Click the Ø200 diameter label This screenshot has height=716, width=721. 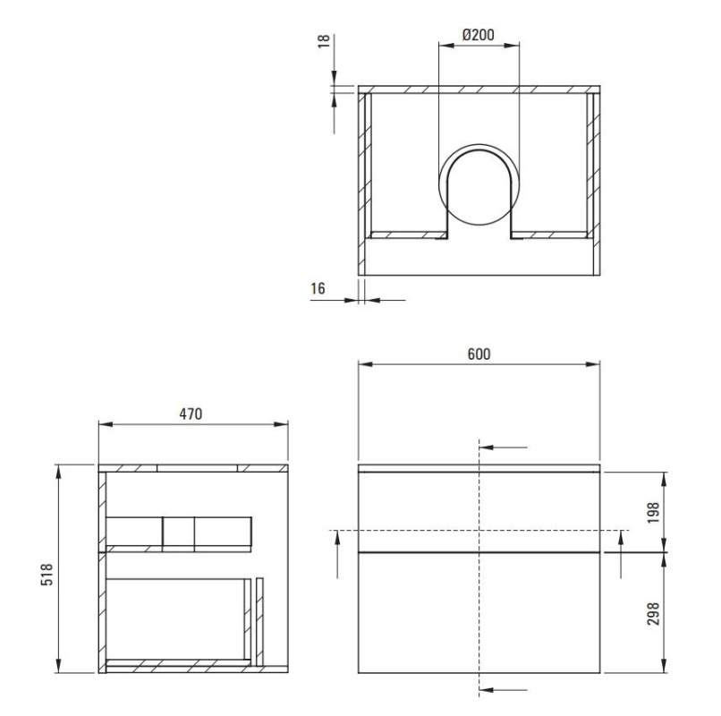[479, 35]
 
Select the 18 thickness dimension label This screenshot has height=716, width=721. [324, 40]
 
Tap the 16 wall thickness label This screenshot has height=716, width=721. [318, 288]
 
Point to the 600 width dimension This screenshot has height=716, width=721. [479, 354]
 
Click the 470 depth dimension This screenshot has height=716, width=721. [191, 414]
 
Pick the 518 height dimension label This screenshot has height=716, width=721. [47, 574]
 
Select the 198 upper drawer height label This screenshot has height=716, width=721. [653, 512]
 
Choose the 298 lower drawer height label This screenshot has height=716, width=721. [653, 613]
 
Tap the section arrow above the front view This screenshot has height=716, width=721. [503, 447]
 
